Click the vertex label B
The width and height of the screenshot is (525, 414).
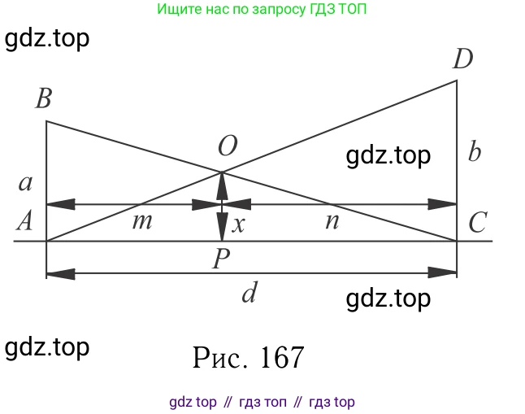[x=44, y=98]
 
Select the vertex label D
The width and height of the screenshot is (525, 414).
[x=462, y=59]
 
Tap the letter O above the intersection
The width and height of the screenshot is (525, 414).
[x=228, y=146]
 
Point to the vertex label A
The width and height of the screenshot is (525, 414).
[x=24, y=220]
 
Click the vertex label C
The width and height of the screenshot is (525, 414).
[x=478, y=222]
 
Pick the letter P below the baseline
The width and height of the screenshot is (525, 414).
[x=221, y=259]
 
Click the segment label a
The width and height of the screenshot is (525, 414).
[x=25, y=183]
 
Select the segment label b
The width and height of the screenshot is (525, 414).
[x=475, y=150]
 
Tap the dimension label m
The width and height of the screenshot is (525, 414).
[x=142, y=221]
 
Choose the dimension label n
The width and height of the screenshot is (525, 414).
[x=332, y=221]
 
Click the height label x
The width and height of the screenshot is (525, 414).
[x=238, y=224]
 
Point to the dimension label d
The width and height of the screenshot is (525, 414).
[x=249, y=292]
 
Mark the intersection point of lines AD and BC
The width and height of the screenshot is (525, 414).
[x=222, y=172]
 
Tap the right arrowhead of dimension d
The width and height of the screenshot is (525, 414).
[x=443, y=272]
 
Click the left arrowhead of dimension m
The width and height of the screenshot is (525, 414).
[x=61, y=204]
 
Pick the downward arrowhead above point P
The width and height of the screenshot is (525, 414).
[x=222, y=227]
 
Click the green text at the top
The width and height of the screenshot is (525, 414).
[x=262, y=10]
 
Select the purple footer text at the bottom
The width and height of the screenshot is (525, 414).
[x=262, y=402]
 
